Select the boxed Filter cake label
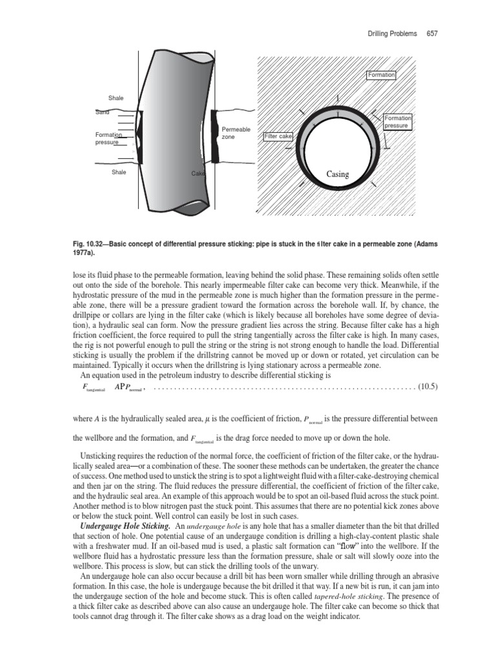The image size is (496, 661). (x=278, y=137)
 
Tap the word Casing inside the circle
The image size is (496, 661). (x=338, y=174)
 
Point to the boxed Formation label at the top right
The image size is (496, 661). (x=381, y=75)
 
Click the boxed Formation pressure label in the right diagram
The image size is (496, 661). (x=397, y=122)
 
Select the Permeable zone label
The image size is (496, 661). (x=236, y=134)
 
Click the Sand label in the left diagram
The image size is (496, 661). (x=103, y=112)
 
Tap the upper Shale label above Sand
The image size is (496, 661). (x=116, y=98)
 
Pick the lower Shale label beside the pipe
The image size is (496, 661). (x=119, y=172)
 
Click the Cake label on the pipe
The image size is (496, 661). (x=198, y=173)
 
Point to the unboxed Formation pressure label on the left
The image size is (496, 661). (x=108, y=138)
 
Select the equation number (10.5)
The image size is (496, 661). (x=428, y=387)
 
